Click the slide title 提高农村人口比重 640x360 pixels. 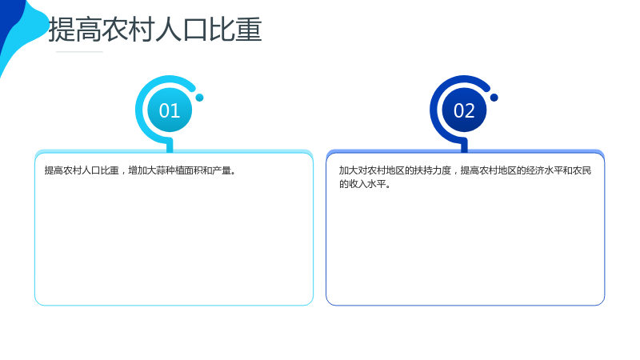pyautogui.click(x=155, y=30)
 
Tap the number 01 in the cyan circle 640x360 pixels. pyautogui.click(x=170, y=110)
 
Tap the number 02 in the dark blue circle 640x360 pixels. pyautogui.click(x=464, y=110)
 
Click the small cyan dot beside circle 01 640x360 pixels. pyautogui.click(x=199, y=98)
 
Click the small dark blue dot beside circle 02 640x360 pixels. pyautogui.click(x=494, y=98)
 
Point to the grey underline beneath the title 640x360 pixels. pyautogui.click(x=79, y=52)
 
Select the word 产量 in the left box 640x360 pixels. pyautogui.click(x=222, y=170)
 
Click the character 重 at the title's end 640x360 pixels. pyautogui.click(x=249, y=30)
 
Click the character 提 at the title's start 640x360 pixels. pyautogui.click(x=62, y=30)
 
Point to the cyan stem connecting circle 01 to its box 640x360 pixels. pyautogui.click(x=170, y=146)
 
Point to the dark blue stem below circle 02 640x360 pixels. pyautogui.click(x=464, y=146)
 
